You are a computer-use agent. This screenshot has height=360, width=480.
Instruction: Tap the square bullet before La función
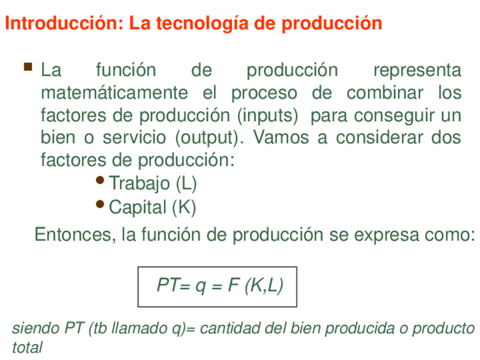tap(28, 67)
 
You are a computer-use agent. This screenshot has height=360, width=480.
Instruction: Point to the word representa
tap(417, 71)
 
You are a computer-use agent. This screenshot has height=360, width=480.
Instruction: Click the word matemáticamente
tap(114, 93)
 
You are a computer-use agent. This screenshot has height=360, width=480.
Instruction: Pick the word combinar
tap(385, 93)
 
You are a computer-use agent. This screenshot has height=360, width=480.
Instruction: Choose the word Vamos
tap(281, 138)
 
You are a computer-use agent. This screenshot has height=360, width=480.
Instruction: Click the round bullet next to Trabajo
tap(100, 180)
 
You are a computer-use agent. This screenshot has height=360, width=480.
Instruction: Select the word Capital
tap(138, 207)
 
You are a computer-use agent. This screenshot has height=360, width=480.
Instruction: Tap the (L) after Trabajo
tap(186, 183)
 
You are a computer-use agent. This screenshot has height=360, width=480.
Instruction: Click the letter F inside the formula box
tap(233, 285)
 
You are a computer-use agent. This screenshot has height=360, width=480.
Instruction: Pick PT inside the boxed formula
tap(167, 285)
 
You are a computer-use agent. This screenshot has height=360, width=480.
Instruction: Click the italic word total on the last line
tap(27, 348)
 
